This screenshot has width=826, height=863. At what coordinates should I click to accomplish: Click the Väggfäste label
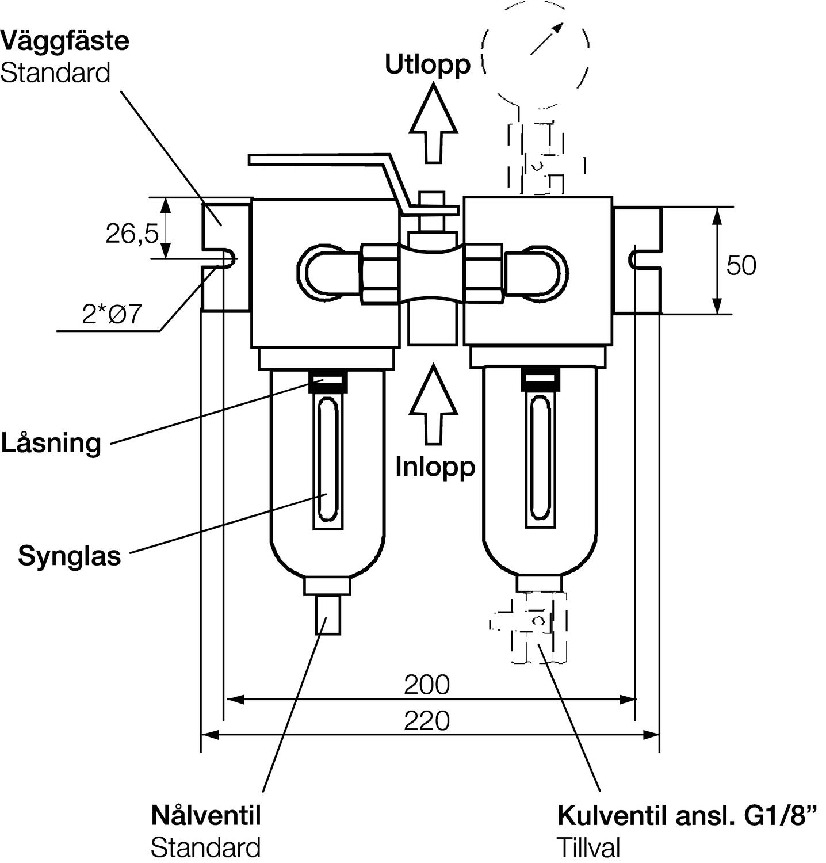pos(64,42)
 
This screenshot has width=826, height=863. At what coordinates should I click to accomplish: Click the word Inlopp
pos(435,467)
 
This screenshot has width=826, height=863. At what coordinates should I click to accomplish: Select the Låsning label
pos(51,444)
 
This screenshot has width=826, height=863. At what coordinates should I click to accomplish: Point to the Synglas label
pos(70,556)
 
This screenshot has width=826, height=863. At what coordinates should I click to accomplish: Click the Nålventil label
pos(206,815)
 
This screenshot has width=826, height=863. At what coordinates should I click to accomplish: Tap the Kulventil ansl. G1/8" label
pos(687,815)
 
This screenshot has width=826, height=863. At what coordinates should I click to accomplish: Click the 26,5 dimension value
pos(132,234)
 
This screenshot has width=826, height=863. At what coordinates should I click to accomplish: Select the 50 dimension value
pos(741,266)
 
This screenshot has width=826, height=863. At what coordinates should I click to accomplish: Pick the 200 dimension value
pos(426,685)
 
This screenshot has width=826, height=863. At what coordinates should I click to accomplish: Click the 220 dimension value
pos(426,721)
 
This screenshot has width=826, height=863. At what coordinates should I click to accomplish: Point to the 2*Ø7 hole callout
pos(112,315)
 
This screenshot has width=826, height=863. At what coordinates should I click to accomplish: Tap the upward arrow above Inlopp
pos(433,406)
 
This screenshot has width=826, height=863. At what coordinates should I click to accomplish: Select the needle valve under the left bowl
pos(328,615)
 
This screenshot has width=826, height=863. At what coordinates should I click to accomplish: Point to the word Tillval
pos(588,847)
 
